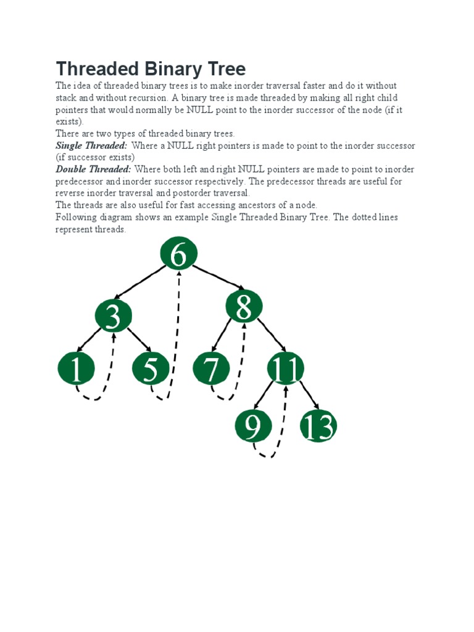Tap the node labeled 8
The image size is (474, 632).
coord(244,306)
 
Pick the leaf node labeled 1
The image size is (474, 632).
coord(76,369)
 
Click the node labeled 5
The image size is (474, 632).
coord(151,369)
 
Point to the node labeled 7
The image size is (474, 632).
coord(211,369)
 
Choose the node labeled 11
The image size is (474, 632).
coord(286,369)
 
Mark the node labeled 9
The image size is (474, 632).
coord(254,426)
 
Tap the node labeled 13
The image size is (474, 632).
coord(318,426)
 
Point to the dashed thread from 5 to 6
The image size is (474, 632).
coord(177,333)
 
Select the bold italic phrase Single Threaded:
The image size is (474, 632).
coord(91,146)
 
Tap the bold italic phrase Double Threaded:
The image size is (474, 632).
coord(93,169)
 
